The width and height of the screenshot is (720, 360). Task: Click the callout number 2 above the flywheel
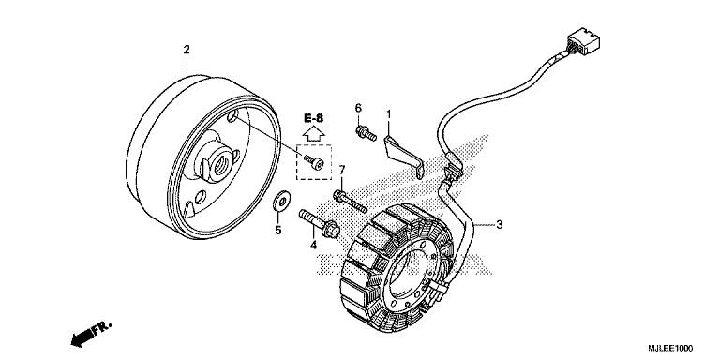coord(186,49)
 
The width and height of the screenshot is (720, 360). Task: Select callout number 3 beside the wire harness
coord(500,225)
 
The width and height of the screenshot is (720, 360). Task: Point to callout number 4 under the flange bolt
coord(314,247)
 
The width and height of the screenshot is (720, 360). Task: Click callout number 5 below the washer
coord(277,230)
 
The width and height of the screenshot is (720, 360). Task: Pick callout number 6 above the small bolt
coord(358,110)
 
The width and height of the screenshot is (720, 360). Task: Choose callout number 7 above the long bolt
coord(342,170)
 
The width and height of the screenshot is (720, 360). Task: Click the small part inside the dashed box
coord(321,164)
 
